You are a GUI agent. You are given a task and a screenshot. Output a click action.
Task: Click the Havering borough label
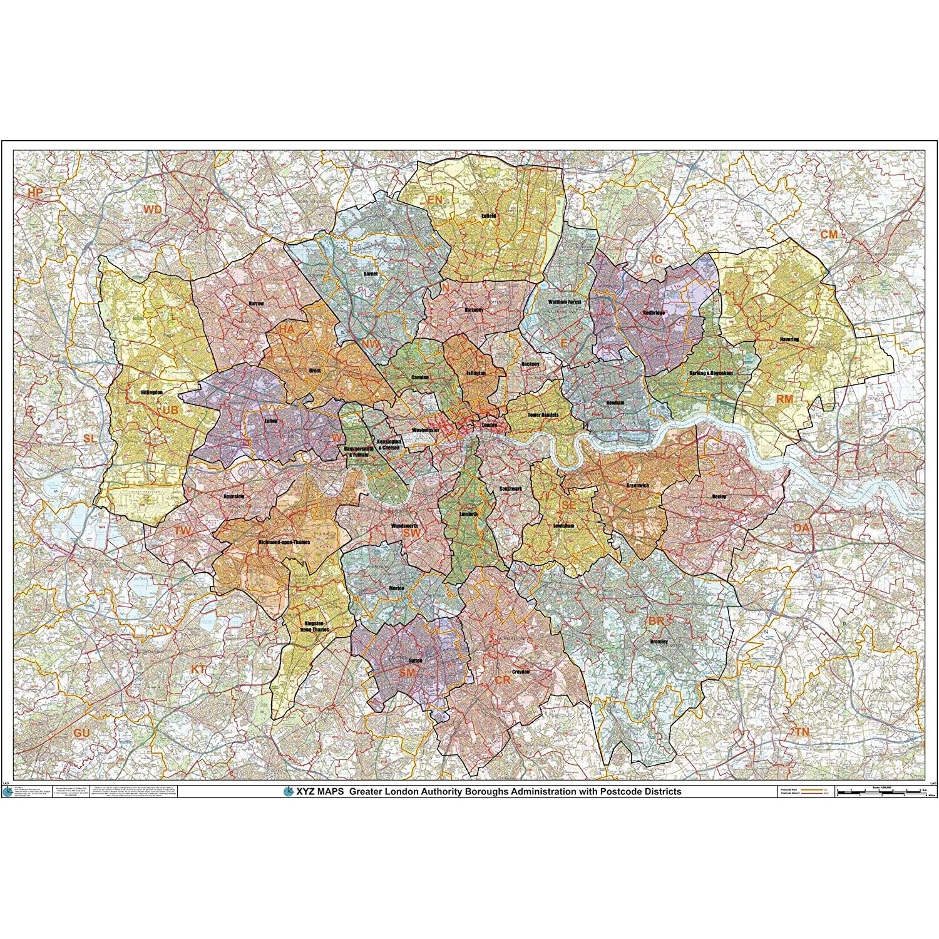pyautogui.click(x=789, y=339)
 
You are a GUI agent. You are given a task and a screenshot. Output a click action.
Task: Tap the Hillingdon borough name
pyautogui.click(x=152, y=393)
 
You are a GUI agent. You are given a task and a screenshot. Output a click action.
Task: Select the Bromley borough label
pyautogui.click(x=659, y=642)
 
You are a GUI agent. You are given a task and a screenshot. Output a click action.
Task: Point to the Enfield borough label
pyautogui.click(x=488, y=216)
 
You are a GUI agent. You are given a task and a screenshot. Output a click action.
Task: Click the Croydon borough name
pyautogui.click(x=521, y=672)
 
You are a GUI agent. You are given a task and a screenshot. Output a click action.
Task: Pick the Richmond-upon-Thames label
pyautogui.click(x=284, y=542)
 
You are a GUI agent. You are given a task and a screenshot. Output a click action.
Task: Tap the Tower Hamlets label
pyautogui.click(x=543, y=415)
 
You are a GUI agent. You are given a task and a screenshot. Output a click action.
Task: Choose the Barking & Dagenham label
pyautogui.click(x=711, y=373)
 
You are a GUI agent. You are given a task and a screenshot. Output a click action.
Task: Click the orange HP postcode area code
pyautogui.click(x=35, y=193)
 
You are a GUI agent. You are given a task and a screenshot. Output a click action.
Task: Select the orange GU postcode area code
pyautogui.click(x=81, y=733)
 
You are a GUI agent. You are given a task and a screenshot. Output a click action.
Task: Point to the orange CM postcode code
pyautogui.click(x=829, y=234)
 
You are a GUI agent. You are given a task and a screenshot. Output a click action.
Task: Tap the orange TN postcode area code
pyautogui.click(x=802, y=731)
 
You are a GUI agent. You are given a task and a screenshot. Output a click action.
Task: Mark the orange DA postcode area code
pyautogui.click(x=801, y=528)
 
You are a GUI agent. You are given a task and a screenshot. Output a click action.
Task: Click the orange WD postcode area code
pyautogui.click(x=152, y=210)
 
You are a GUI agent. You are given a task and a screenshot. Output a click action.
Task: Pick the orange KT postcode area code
pyautogui.click(x=198, y=669)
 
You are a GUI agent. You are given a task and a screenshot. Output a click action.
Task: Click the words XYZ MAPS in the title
pyautogui.click(x=319, y=791)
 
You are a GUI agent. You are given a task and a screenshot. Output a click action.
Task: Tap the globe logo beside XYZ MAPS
pyautogui.click(x=288, y=791)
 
